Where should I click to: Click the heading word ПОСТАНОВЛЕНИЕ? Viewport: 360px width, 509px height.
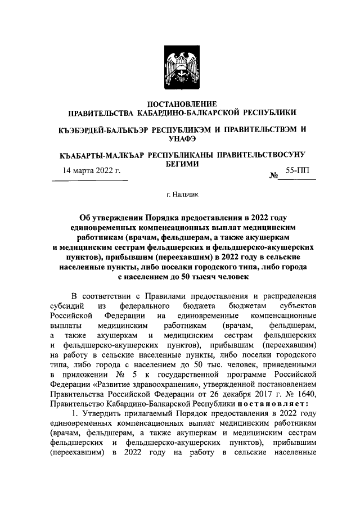[x=180, y=103]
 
